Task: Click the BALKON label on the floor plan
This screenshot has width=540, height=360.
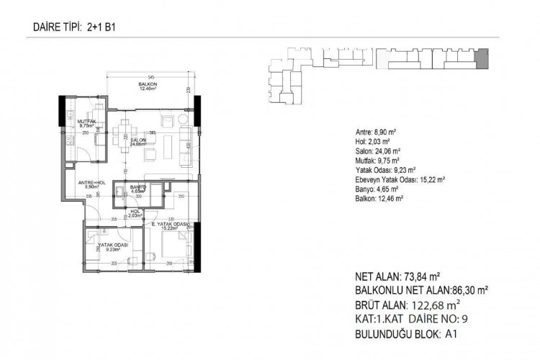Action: tap(148, 84)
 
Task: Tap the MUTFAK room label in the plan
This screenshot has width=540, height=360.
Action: tap(86, 122)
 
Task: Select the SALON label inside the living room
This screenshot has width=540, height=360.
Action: tap(138, 140)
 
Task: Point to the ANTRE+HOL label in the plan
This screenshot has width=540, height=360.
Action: tap(92, 183)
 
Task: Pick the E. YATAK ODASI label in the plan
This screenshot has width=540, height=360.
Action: tap(170, 225)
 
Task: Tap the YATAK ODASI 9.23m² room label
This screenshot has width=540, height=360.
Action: tap(112, 245)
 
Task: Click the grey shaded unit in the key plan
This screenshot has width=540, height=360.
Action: tap(482, 58)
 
